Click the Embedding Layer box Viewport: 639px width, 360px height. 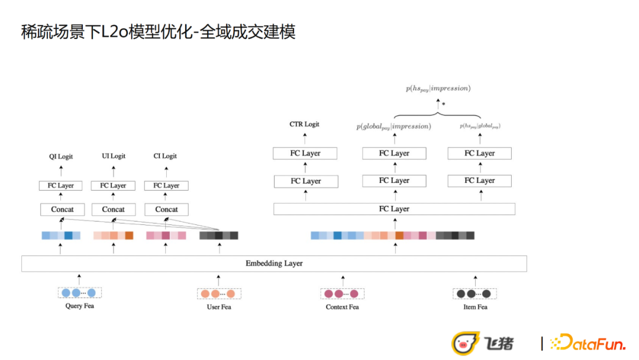[274, 263]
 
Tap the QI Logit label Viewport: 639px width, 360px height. [61, 156]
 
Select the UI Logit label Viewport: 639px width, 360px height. [114, 156]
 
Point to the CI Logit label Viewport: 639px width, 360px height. [165, 156]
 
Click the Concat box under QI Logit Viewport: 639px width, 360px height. [62, 210]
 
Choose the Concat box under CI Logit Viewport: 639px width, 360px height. [166, 210]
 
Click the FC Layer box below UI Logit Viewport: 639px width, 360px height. [112, 185]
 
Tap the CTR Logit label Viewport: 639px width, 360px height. [304, 124]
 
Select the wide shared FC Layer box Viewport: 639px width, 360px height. [394, 209]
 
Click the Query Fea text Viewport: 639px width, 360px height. [79, 306]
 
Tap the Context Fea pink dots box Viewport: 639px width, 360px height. [342, 294]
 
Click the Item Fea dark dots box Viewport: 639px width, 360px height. [475, 294]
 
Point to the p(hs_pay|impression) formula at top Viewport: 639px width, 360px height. [438, 89]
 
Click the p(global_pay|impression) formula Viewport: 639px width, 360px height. [393, 126]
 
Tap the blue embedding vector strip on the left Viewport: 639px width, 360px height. [61, 236]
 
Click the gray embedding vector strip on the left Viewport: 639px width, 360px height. [218, 236]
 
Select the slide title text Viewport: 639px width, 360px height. [158, 32]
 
